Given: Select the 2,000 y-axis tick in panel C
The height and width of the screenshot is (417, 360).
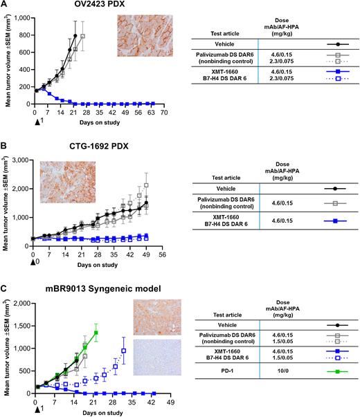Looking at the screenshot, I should pos(21,303).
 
